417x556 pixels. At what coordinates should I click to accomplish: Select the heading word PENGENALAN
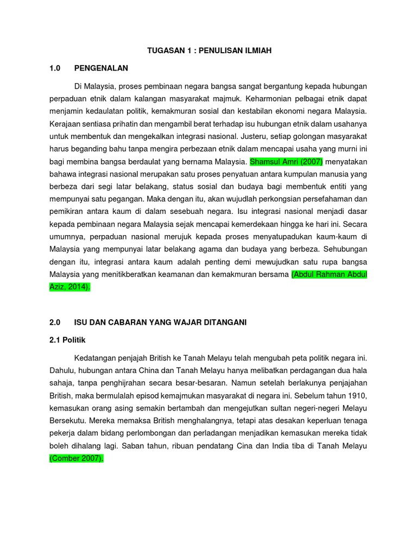click(101, 68)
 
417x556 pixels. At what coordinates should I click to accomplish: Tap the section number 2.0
click(54, 323)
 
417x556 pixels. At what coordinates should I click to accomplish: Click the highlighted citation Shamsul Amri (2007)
click(286, 161)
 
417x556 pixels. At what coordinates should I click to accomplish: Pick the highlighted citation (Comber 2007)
click(76, 459)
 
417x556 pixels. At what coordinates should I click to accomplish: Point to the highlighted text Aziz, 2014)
click(70, 287)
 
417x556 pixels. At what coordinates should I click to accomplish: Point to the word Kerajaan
click(67, 124)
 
